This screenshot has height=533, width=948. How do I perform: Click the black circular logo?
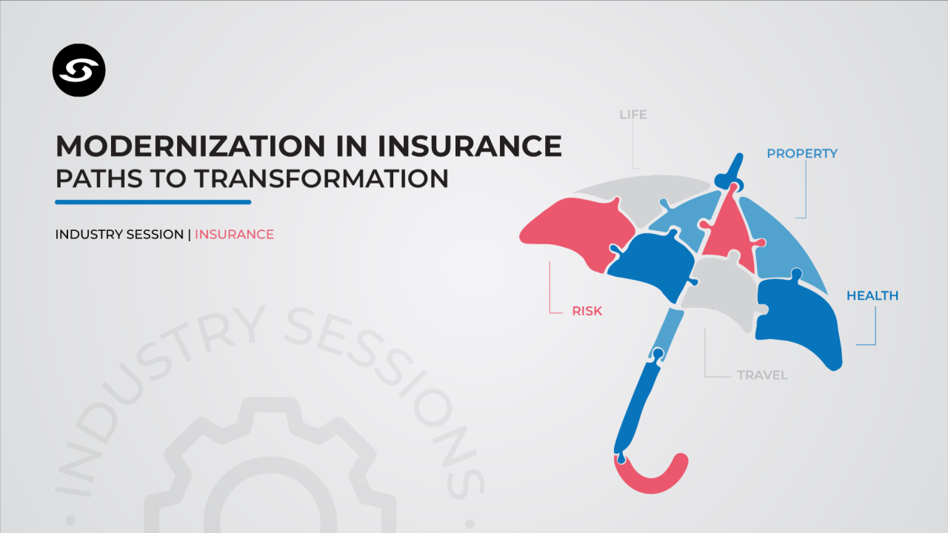point(79,70)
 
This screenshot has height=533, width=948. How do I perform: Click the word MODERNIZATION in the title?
point(190,147)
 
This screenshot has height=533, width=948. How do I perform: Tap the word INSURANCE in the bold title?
point(470,147)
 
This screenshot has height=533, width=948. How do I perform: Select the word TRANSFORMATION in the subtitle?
point(321,178)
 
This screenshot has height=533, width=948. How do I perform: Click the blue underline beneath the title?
point(153,202)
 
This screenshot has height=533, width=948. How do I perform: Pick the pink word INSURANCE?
point(234,235)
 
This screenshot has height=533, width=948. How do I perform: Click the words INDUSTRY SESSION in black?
point(119,235)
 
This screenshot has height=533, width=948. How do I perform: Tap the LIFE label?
point(633,115)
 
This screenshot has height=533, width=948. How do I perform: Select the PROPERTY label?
point(802,153)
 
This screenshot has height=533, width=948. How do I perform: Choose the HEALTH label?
point(872,295)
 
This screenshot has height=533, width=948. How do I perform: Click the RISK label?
point(587,312)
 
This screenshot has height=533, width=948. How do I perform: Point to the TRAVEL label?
point(762,375)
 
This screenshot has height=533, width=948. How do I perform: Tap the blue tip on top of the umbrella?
point(731,172)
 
